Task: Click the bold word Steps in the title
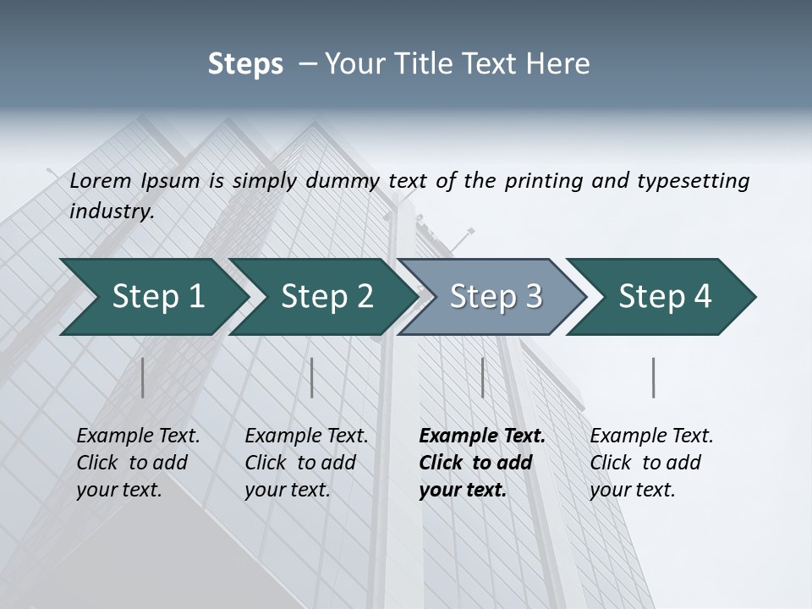(x=245, y=64)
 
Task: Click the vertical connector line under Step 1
(x=143, y=377)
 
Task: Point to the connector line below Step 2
(x=312, y=377)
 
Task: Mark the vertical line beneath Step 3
(x=482, y=377)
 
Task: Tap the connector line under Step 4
(x=654, y=377)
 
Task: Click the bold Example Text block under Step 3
(x=481, y=463)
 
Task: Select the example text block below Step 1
(x=138, y=463)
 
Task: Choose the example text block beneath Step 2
(x=306, y=463)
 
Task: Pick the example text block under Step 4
(x=651, y=463)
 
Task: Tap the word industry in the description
(x=112, y=211)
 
